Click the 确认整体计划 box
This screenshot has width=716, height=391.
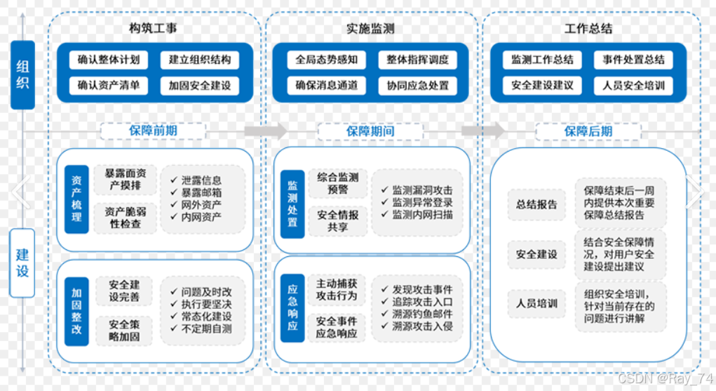click(x=109, y=60)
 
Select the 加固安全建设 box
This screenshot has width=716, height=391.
click(x=200, y=86)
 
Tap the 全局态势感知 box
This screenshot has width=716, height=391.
click(x=326, y=60)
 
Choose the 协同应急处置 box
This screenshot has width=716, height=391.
click(x=417, y=86)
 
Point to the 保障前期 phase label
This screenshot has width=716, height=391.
click(x=153, y=131)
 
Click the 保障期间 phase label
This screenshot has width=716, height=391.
click(x=370, y=131)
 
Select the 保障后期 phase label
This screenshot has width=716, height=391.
click(x=588, y=131)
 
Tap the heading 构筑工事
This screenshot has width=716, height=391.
click(x=153, y=29)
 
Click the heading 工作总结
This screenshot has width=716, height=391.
click(x=588, y=29)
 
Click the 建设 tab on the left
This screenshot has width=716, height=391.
click(x=22, y=262)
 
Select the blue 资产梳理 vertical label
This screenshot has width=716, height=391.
click(x=76, y=199)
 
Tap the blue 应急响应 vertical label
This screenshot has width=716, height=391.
click(x=292, y=307)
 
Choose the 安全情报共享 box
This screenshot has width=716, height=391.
click(x=337, y=221)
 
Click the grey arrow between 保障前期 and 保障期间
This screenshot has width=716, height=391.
click(x=266, y=131)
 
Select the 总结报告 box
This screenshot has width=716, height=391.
click(x=536, y=204)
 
